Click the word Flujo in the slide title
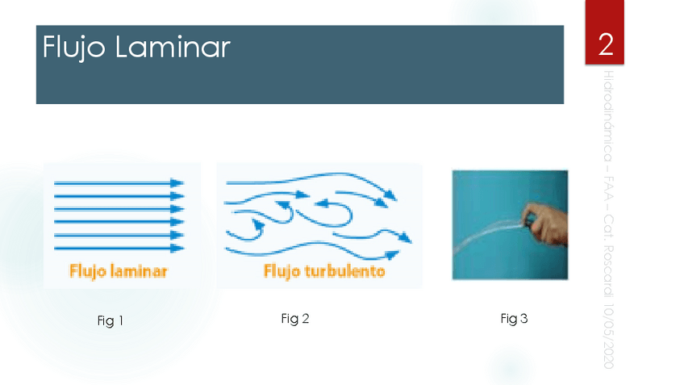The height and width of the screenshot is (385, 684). [73, 48]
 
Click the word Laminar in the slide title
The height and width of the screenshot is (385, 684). [173, 46]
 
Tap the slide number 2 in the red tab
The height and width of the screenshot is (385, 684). [606, 44]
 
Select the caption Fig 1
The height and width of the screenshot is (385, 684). [110, 321]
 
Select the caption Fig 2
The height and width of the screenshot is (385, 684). [295, 319]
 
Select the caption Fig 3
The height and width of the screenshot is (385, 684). [514, 319]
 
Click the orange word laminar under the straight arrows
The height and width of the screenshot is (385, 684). [138, 271]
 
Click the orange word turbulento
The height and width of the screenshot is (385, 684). [344, 271]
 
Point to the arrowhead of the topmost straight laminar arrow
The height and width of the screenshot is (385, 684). [177, 183]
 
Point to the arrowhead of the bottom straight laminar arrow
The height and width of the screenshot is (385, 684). [177, 249]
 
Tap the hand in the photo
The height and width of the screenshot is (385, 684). [545, 224]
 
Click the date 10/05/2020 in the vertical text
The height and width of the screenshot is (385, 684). [609, 336]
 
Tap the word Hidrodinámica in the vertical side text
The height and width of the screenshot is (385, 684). [608, 115]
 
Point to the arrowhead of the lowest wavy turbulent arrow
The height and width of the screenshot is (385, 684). [392, 254]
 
